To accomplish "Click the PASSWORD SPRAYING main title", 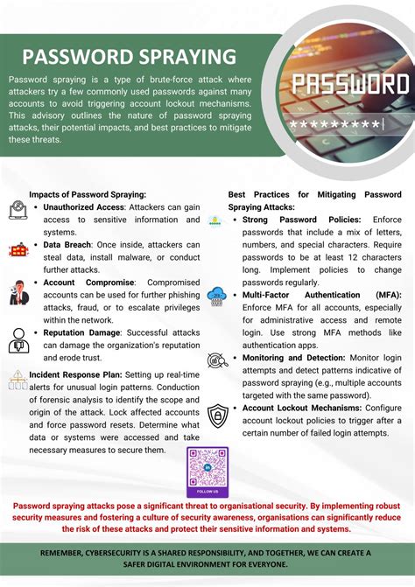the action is point(129,57).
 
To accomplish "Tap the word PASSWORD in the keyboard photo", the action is point(350,85).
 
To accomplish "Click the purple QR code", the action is point(207,472).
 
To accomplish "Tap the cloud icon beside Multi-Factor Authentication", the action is point(216,297).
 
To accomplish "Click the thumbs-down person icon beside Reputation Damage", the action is point(18,340).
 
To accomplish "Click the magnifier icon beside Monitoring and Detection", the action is point(216,360).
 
